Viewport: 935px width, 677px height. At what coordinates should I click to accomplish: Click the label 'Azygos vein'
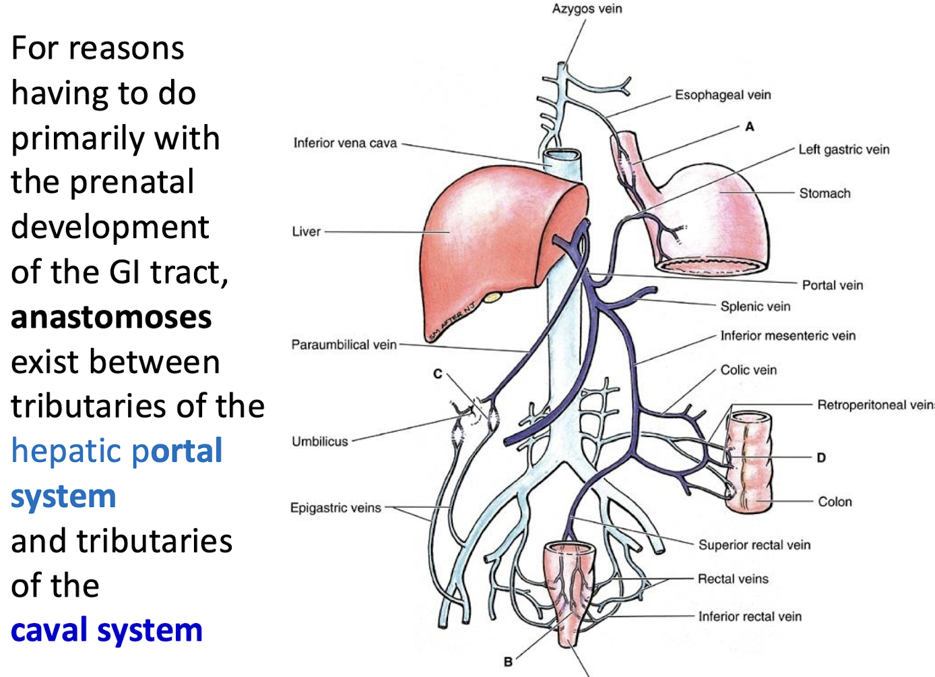(x=587, y=9)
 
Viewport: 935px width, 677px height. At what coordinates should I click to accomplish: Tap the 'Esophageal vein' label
(x=723, y=95)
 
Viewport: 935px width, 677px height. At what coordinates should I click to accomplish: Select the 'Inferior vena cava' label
(x=345, y=143)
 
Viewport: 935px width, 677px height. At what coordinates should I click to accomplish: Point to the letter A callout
(x=750, y=126)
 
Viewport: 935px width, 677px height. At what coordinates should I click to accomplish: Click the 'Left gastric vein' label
(x=843, y=150)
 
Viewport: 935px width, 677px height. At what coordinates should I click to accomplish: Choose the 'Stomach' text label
(x=825, y=194)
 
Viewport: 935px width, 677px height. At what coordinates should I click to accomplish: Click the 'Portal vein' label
(x=832, y=285)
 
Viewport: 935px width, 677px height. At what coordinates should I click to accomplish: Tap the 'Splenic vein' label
(x=755, y=307)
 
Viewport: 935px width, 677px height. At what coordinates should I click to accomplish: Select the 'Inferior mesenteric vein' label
(x=787, y=336)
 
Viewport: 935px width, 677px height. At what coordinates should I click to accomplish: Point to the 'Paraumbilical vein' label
(x=344, y=345)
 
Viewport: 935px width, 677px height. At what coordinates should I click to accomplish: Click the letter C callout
(x=438, y=374)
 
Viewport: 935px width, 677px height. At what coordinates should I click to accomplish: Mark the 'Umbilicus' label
(x=319, y=442)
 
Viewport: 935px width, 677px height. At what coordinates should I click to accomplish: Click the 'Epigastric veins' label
(x=335, y=508)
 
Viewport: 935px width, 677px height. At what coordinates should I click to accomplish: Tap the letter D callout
(x=821, y=457)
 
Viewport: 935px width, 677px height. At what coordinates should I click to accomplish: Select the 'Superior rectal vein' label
(x=754, y=545)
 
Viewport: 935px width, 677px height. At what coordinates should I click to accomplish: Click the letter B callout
(x=508, y=662)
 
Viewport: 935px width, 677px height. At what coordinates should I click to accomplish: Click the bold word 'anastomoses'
(x=111, y=317)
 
